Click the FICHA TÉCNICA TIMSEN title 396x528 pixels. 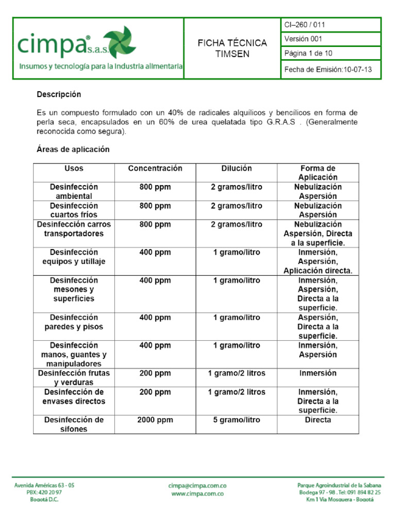[232, 48]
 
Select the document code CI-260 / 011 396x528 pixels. [305, 25]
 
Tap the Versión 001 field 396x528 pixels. [303, 39]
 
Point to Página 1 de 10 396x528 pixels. [308, 53]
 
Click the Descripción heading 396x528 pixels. [59, 94]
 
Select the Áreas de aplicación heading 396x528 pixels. [73, 150]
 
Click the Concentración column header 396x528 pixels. [155, 169]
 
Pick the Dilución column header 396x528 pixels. [236, 169]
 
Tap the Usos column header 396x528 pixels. [74, 169]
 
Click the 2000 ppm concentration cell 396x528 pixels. [155, 420]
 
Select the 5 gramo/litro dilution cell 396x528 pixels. [236, 420]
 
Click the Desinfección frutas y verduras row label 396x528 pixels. [74, 377]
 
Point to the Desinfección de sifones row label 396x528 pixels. [74, 424]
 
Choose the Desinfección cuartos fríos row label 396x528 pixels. [74, 210]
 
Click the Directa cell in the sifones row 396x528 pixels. [318, 420]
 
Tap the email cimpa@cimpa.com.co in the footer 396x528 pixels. [197, 486]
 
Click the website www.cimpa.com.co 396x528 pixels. [197, 493]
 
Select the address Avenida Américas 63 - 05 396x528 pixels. [44, 485]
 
